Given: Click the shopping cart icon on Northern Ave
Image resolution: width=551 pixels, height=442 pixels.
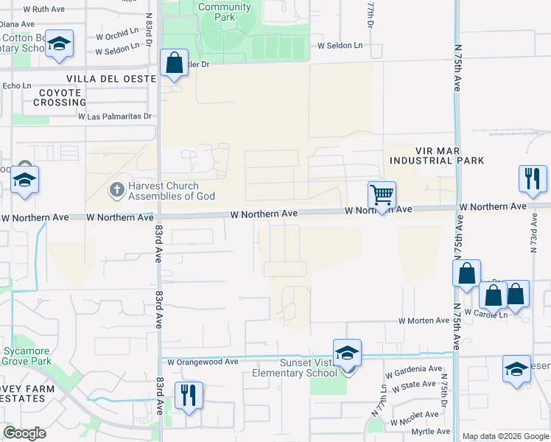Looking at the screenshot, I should point(382,195).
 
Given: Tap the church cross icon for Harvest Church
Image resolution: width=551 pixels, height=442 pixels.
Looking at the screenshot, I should point(116,190).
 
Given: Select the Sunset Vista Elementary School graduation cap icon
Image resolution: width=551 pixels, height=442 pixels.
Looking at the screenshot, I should point(347,353).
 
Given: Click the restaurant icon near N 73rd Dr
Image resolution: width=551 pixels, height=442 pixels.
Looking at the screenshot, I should point(532,178).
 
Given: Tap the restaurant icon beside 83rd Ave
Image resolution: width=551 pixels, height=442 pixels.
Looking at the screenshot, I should point(189,395).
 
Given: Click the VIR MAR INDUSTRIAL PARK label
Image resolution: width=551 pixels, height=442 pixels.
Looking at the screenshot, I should point(436,155).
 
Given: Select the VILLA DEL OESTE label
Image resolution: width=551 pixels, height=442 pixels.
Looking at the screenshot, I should point(110,78).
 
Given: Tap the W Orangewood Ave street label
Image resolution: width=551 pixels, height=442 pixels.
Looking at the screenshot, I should point(203,362).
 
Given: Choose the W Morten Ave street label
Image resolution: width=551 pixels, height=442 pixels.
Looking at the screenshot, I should point(424,320).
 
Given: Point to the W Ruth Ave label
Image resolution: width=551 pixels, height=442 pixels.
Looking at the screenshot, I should point(44,10).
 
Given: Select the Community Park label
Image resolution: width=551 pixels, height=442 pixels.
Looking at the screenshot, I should point(225,12).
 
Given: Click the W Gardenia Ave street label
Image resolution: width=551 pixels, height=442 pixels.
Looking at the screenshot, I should point(413,369).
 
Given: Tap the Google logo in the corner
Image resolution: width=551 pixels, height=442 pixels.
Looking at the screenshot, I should point(24,433).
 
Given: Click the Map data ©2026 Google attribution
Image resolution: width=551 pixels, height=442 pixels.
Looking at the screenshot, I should point(505,436).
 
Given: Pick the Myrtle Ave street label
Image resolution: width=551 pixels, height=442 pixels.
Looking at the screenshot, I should point(431,432).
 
